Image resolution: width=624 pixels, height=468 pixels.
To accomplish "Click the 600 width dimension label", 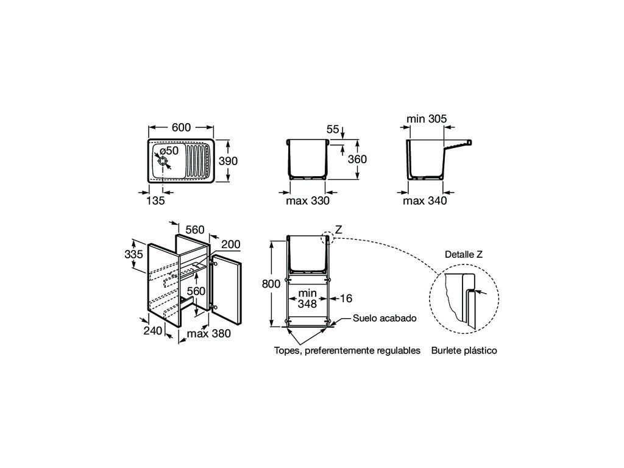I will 181,127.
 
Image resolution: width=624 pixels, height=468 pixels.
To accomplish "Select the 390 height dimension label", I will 229,161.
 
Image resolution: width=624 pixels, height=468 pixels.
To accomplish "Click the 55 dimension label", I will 333,129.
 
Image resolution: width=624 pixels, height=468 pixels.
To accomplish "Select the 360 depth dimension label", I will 356,159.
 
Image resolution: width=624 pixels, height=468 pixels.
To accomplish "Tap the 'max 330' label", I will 308,200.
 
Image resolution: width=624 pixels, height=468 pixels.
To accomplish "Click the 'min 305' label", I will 425,119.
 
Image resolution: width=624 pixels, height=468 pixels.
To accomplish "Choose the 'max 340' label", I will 425,200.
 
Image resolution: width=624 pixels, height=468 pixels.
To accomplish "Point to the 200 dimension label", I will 230,244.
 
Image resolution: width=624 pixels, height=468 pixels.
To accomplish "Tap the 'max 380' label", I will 208,333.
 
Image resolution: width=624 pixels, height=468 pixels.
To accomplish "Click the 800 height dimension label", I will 271,283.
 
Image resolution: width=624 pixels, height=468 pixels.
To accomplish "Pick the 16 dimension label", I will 347,299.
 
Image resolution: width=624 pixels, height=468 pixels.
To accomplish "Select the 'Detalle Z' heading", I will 464,254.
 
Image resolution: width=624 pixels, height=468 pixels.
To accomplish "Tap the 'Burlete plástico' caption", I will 464,350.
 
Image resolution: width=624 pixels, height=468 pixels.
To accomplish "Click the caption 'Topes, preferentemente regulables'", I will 347,350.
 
